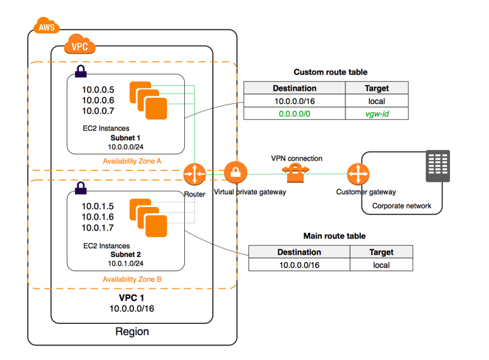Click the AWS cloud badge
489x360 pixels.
[46, 28]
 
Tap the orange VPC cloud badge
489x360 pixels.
[80, 46]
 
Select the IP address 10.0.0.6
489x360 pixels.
[98, 100]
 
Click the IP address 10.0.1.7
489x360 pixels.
[98, 228]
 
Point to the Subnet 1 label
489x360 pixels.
[125, 138]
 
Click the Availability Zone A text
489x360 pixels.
[133, 160]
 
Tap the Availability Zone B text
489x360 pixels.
[133, 279]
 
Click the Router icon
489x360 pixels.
[195, 174]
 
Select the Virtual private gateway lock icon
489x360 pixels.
[235, 174]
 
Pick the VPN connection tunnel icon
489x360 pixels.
[295, 174]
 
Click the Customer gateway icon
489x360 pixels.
[359, 174]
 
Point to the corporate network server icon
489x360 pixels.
[437, 166]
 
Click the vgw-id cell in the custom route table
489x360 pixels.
[376, 114]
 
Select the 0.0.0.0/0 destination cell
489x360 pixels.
[295, 114]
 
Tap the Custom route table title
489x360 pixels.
[331, 72]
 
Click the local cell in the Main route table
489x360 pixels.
[381, 265]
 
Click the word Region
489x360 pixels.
[132, 331]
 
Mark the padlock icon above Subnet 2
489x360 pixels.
[80, 188]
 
